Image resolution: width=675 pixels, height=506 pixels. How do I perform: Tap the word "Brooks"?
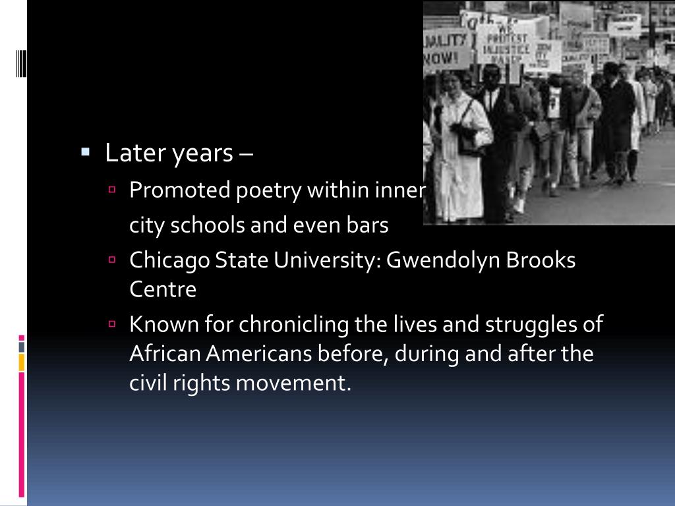pyautogui.click(x=541, y=260)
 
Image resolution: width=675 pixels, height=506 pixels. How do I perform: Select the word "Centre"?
pyautogui.click(x=163, y=289)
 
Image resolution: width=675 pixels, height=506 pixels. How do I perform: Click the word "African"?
pyautogui.click(x=165, y=354)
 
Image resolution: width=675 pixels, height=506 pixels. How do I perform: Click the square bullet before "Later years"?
pyautogui.click(x=85, y=152)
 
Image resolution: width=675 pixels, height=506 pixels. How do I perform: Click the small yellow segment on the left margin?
pyautogui.click(x=22, y=362)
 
